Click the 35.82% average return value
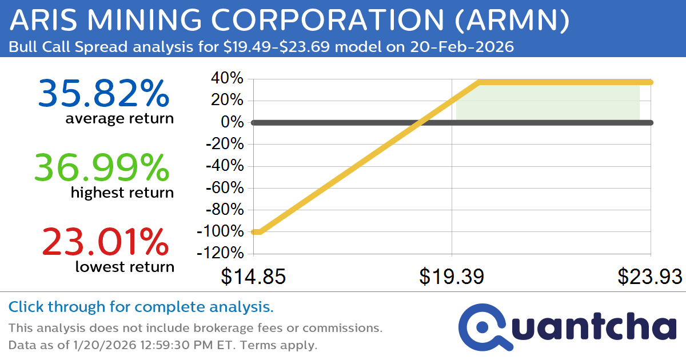103,94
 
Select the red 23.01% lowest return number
105,242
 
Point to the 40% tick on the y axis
228,79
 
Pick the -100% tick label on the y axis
221,232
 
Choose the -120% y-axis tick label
221,254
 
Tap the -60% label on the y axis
224,188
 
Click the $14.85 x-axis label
253,277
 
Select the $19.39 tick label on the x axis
452,277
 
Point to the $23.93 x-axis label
649,277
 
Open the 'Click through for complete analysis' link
141,307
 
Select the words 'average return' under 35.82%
119,119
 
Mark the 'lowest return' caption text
125,266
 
